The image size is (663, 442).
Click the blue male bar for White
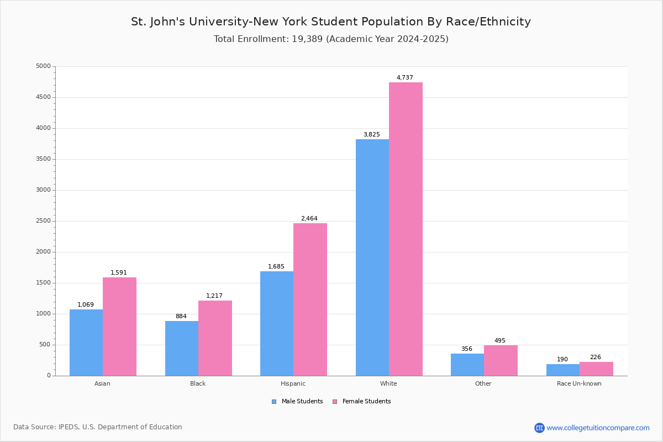372,257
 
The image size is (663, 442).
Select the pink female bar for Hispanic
310,299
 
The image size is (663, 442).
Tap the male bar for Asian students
86,343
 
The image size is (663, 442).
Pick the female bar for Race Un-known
596,369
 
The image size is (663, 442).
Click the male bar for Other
467,365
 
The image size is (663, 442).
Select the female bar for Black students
215,338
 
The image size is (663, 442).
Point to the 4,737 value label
404,78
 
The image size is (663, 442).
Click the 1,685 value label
276,267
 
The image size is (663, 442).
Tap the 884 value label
181,317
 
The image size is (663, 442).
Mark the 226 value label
595,357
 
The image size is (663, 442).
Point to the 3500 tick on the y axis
43,159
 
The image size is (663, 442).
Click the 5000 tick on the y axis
43,66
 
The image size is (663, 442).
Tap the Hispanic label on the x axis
293,383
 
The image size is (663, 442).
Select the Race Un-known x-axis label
579,383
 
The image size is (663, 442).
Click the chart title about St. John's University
331,22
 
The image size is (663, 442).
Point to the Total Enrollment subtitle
331,39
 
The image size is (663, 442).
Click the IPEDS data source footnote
98,427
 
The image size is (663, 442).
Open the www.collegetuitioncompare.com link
598,428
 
